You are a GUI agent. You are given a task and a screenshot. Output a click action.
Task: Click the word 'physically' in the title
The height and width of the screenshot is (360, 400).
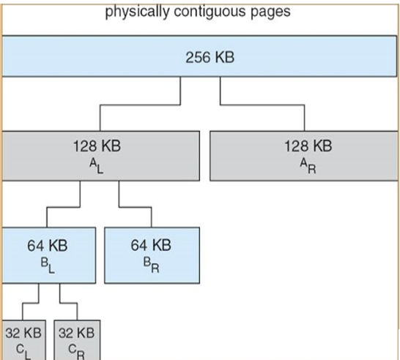click(x=137, y=12)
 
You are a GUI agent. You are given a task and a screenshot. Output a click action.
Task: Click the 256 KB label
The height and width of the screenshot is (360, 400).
click(x=210, y=57)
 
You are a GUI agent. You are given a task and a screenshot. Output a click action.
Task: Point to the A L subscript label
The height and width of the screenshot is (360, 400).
click(x=97, y=166)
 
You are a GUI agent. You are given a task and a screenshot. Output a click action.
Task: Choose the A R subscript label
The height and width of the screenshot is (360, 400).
click(x=308, y=166)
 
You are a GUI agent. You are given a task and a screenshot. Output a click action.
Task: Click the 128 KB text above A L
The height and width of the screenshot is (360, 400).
click(x=97, y=146)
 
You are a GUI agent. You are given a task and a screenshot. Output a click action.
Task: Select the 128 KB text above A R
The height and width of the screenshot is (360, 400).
click(x=308, y=146)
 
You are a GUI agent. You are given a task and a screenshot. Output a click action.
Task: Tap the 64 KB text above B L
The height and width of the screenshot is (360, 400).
click(x=48, y=246)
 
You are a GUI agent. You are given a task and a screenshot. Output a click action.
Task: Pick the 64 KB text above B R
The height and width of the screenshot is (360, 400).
click(x=151, y=245)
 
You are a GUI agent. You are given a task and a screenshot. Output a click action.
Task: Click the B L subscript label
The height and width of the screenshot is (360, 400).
click(x=48, y=266)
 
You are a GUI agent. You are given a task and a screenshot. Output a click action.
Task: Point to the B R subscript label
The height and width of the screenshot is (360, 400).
click(x=151, y=265)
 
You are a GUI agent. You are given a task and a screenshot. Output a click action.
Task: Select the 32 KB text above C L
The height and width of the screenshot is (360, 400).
click(x=23, y=333)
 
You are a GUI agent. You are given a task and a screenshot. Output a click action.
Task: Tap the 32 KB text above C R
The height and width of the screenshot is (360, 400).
click(x=76, y=333)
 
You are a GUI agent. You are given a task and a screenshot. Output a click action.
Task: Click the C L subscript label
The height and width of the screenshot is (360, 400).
click(x=23, y=352)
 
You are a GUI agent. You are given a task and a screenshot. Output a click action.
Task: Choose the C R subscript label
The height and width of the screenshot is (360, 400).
click(x=76, y=352)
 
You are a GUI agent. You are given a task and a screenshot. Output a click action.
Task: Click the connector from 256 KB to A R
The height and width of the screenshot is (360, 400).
click(x=262, y=105)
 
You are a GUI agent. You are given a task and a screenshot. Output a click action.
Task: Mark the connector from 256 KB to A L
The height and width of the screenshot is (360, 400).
click(x=140, y=105)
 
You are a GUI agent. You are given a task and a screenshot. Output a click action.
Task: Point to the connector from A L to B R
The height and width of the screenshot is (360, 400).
click(x=135, y=207)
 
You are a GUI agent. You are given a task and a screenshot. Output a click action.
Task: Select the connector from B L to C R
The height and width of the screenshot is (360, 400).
click(x=68, y=303)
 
